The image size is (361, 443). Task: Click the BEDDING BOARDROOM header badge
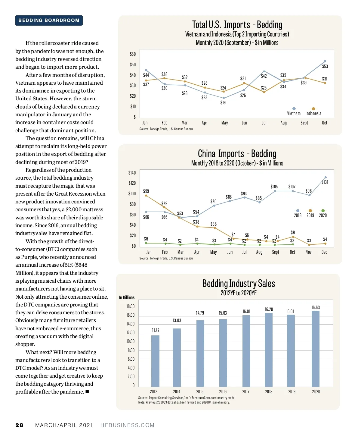49,20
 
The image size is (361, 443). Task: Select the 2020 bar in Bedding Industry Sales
316,348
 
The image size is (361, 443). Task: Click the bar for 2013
155,361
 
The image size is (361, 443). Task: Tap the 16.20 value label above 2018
269,309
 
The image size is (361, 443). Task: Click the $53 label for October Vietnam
325,66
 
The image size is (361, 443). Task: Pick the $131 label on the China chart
325,182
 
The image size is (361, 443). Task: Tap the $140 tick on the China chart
132,173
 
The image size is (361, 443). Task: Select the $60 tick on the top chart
133,54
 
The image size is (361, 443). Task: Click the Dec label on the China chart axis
324,252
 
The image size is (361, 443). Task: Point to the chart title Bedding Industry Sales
239,284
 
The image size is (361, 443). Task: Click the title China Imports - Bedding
237,154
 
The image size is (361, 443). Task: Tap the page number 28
19,425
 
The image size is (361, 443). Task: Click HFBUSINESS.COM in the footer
127,425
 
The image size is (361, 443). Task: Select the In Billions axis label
127,297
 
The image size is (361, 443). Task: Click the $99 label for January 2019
146,191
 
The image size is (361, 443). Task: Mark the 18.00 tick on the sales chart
130,306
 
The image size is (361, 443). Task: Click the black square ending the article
87,392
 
